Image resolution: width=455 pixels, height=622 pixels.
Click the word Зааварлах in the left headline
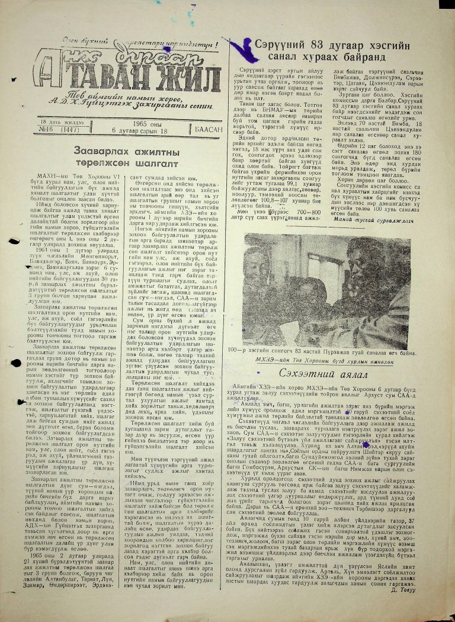pyautogui.click(x=98, y=152)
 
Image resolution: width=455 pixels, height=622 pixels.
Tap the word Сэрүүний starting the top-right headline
pyautogui.click(x=284, y=45)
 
